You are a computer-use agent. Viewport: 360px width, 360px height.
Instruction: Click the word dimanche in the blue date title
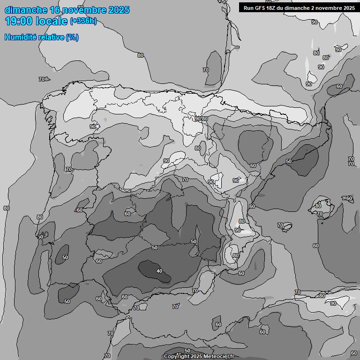tap(25, 10)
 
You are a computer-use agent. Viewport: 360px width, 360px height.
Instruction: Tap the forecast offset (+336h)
tap(83, 21)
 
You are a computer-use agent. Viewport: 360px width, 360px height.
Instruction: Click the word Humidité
tap(20, 37)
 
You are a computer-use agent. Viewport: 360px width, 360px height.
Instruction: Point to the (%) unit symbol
tap(72, 37)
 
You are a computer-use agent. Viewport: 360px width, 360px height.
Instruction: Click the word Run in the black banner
tap(248, 7)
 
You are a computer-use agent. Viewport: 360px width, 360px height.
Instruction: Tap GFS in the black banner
tap(261, 7)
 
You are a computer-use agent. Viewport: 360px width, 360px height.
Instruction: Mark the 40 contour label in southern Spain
tap(159, 271)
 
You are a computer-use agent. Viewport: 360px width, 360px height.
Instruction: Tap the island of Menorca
tap(348, 199)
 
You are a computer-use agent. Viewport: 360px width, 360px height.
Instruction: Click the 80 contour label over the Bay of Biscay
tap(141, 55)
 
